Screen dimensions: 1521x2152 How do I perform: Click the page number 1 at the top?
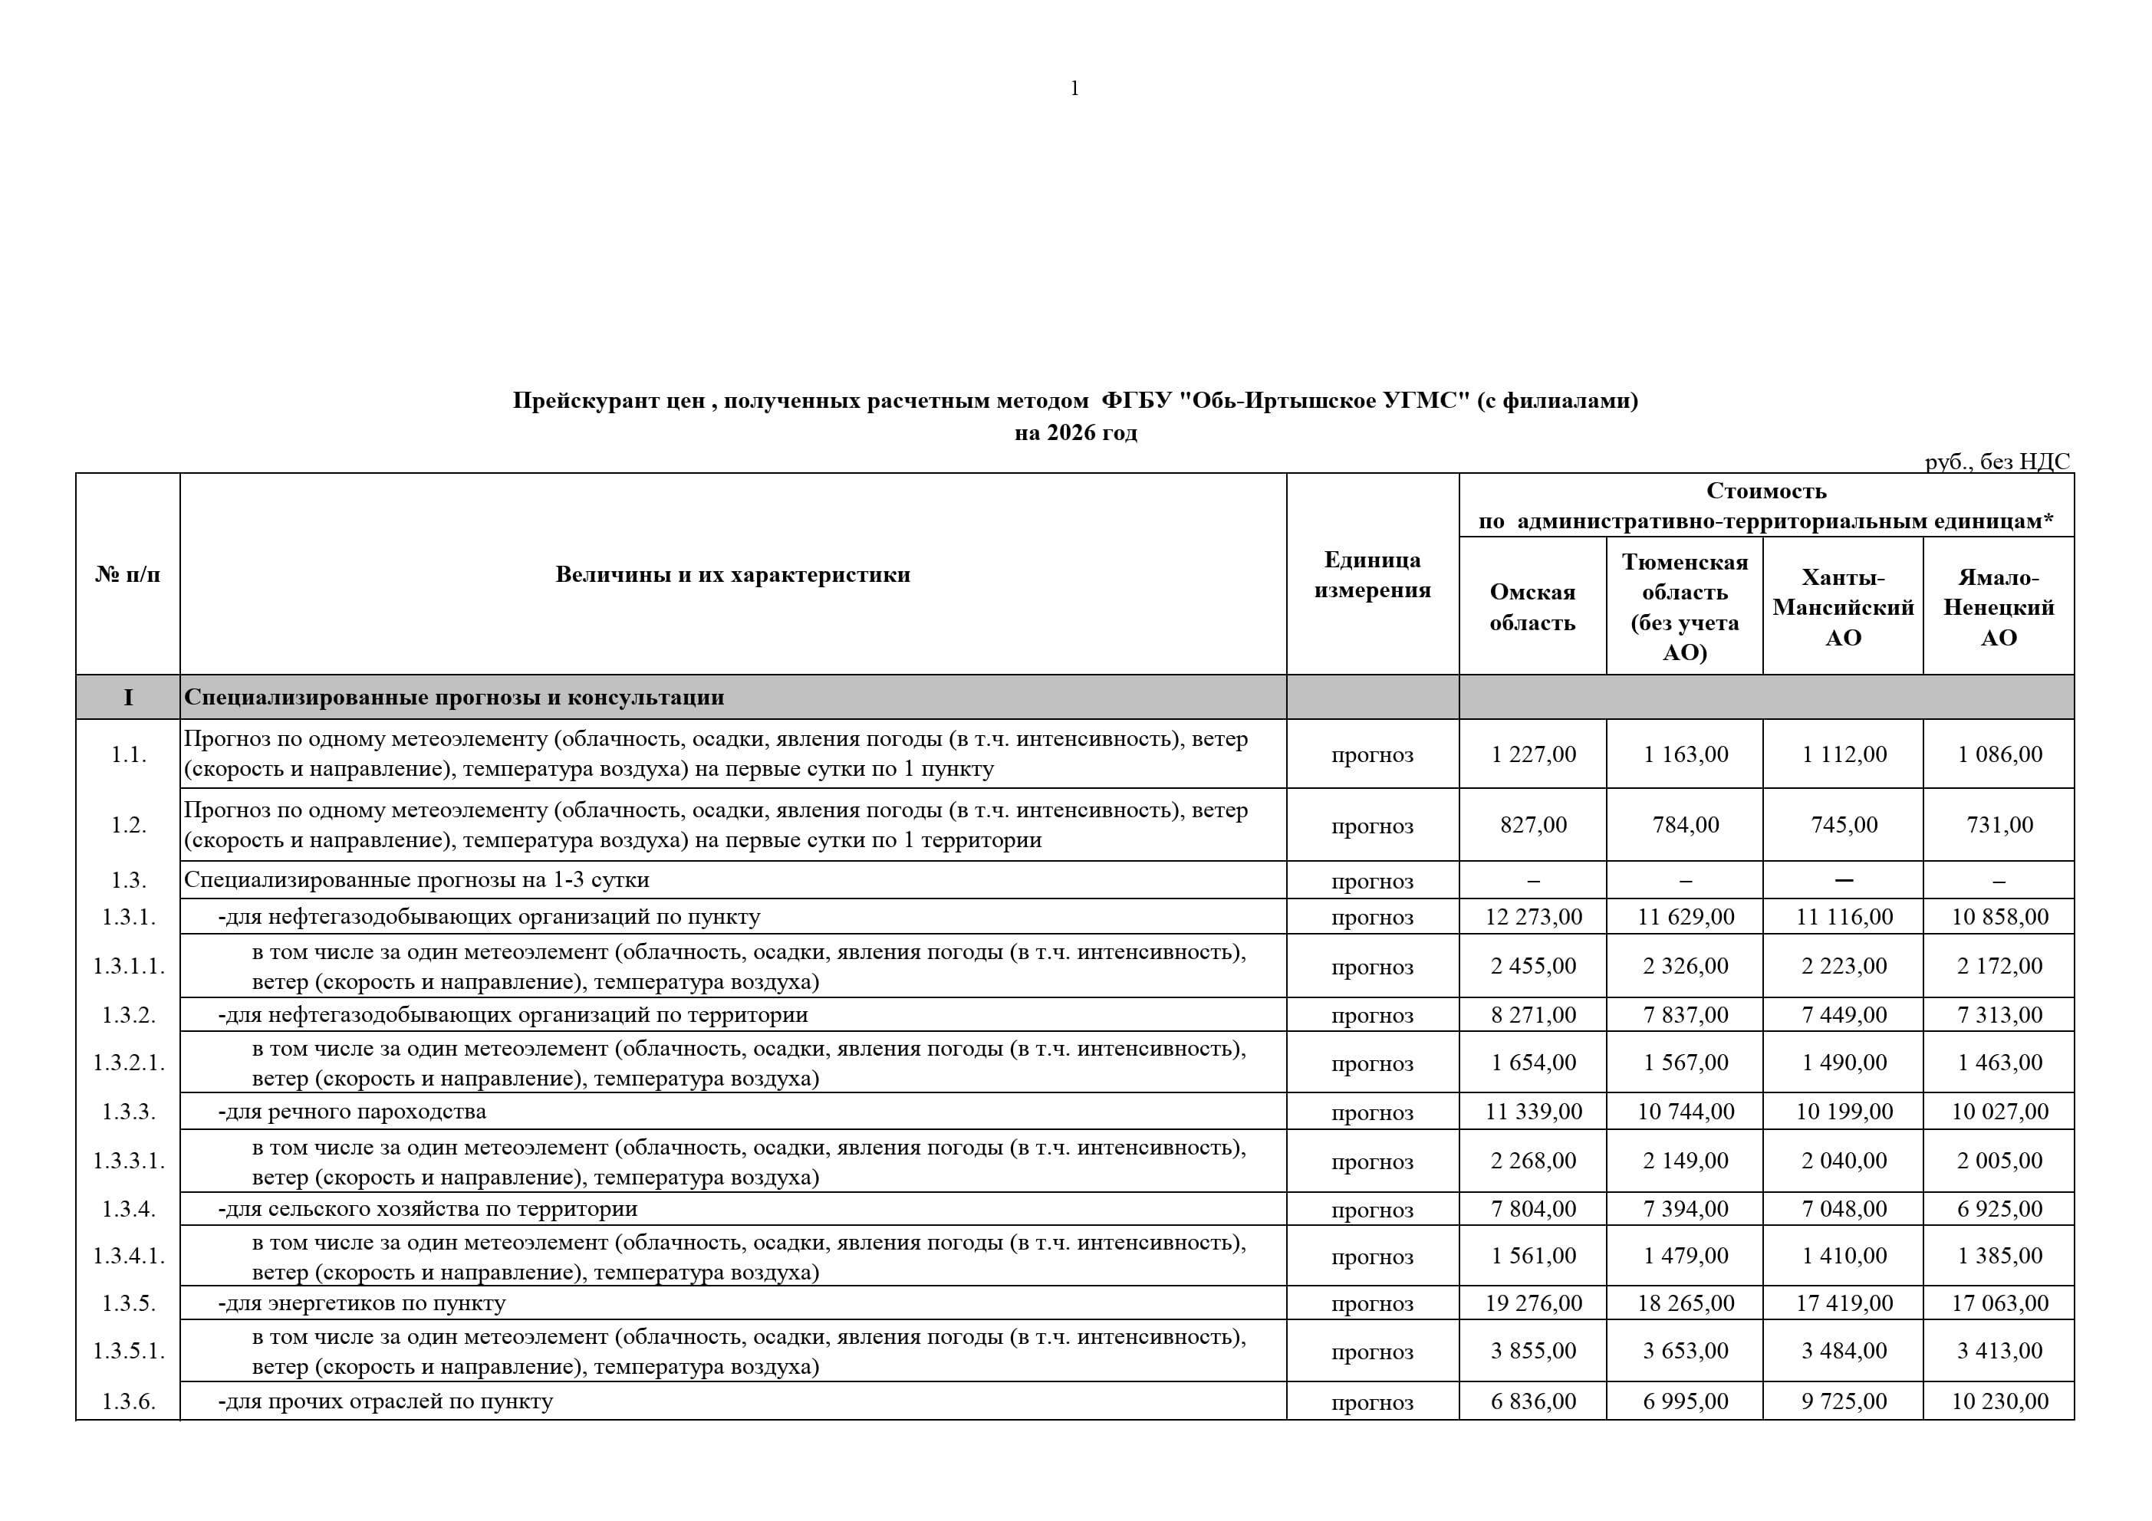1074,89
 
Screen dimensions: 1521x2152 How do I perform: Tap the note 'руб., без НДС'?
1996,461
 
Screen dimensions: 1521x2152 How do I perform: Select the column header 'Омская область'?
1532,607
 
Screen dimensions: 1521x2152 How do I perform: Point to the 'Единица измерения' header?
1372,574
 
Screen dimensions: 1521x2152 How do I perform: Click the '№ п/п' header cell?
127,574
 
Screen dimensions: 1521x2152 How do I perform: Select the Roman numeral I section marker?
128,697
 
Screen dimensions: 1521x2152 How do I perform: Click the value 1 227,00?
1533,754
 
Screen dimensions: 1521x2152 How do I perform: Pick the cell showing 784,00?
1685,825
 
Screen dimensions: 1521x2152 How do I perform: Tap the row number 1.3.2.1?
128,1063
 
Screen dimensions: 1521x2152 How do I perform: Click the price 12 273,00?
1533,917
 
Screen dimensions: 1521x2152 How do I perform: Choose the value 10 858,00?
1999,917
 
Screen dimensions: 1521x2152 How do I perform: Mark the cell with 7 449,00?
1844,1015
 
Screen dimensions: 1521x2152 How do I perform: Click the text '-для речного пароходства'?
353,1112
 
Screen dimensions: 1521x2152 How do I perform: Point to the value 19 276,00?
1533,1303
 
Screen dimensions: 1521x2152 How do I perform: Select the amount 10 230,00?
1999,1401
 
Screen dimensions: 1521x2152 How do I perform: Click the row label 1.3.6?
128,1401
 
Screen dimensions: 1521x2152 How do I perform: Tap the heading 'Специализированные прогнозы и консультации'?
454,697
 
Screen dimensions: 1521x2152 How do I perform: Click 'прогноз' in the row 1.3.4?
1372,1210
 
